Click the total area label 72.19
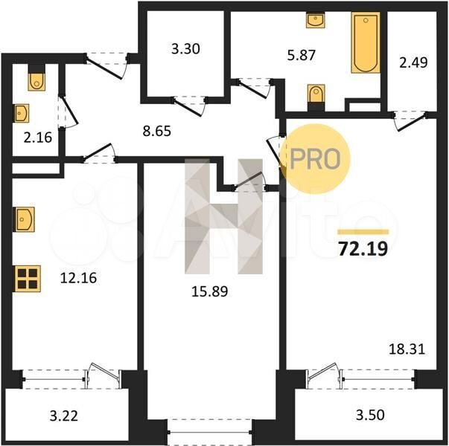tap(363, 249)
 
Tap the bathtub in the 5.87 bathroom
tap(366, 42)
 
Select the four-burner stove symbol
tap(28, 279)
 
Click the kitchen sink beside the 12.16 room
tap(24, 219)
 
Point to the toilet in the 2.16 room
tap(36, 82)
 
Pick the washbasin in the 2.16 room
tap(22, 113)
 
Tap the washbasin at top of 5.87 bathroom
tap(315, 20)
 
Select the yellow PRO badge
tap(315, 159)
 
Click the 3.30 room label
tap(185, 49)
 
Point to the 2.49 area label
tap(413, 62)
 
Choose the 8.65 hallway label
tap(157, 131)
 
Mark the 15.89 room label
tap(210, 291)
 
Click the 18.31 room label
tap(407, 349)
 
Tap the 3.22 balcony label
tap(63, 416)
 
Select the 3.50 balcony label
tap(370, 415)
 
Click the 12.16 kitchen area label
tap(78, 278)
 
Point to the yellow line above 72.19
tap(363, 232)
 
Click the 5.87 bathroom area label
tap(302, 55)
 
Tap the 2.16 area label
tap(38, 138)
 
